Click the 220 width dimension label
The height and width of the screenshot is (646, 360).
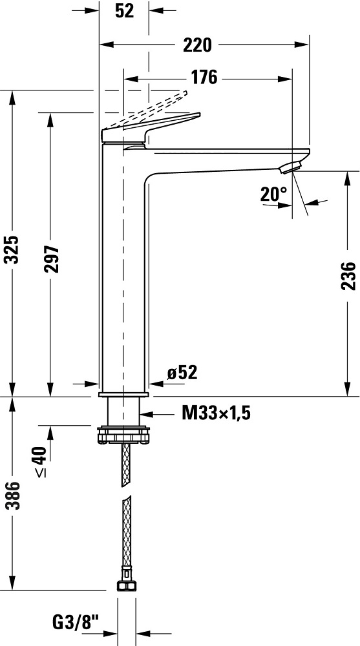click(197, 45)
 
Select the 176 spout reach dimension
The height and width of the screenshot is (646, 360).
click(204, 77)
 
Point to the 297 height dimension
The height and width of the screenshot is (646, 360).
click(52, 259)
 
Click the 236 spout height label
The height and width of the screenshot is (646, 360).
click(348, 276)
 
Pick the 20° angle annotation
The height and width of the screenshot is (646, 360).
click(273, 194)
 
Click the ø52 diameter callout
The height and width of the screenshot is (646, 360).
click(182, 373)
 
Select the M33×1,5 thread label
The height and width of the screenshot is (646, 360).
click(216, 413)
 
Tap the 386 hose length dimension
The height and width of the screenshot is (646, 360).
click(13, 495)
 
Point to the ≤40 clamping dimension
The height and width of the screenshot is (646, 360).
click(41, 462)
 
